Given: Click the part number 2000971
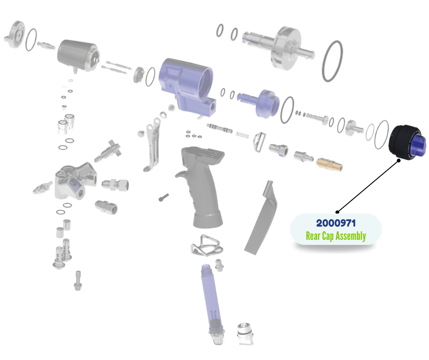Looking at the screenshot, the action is click(336, 223).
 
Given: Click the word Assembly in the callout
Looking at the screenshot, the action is click(351, 236).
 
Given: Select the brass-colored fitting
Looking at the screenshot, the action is click(330, 164).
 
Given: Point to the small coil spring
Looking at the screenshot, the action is click(242, 135).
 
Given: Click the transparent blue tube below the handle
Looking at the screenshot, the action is click(211, 302).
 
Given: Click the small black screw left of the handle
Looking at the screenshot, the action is click(163, 197).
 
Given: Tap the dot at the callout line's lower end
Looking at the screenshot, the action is click(337, 212).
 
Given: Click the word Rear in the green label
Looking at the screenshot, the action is click(313, 236).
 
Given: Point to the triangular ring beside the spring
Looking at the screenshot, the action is click(260, 142).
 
